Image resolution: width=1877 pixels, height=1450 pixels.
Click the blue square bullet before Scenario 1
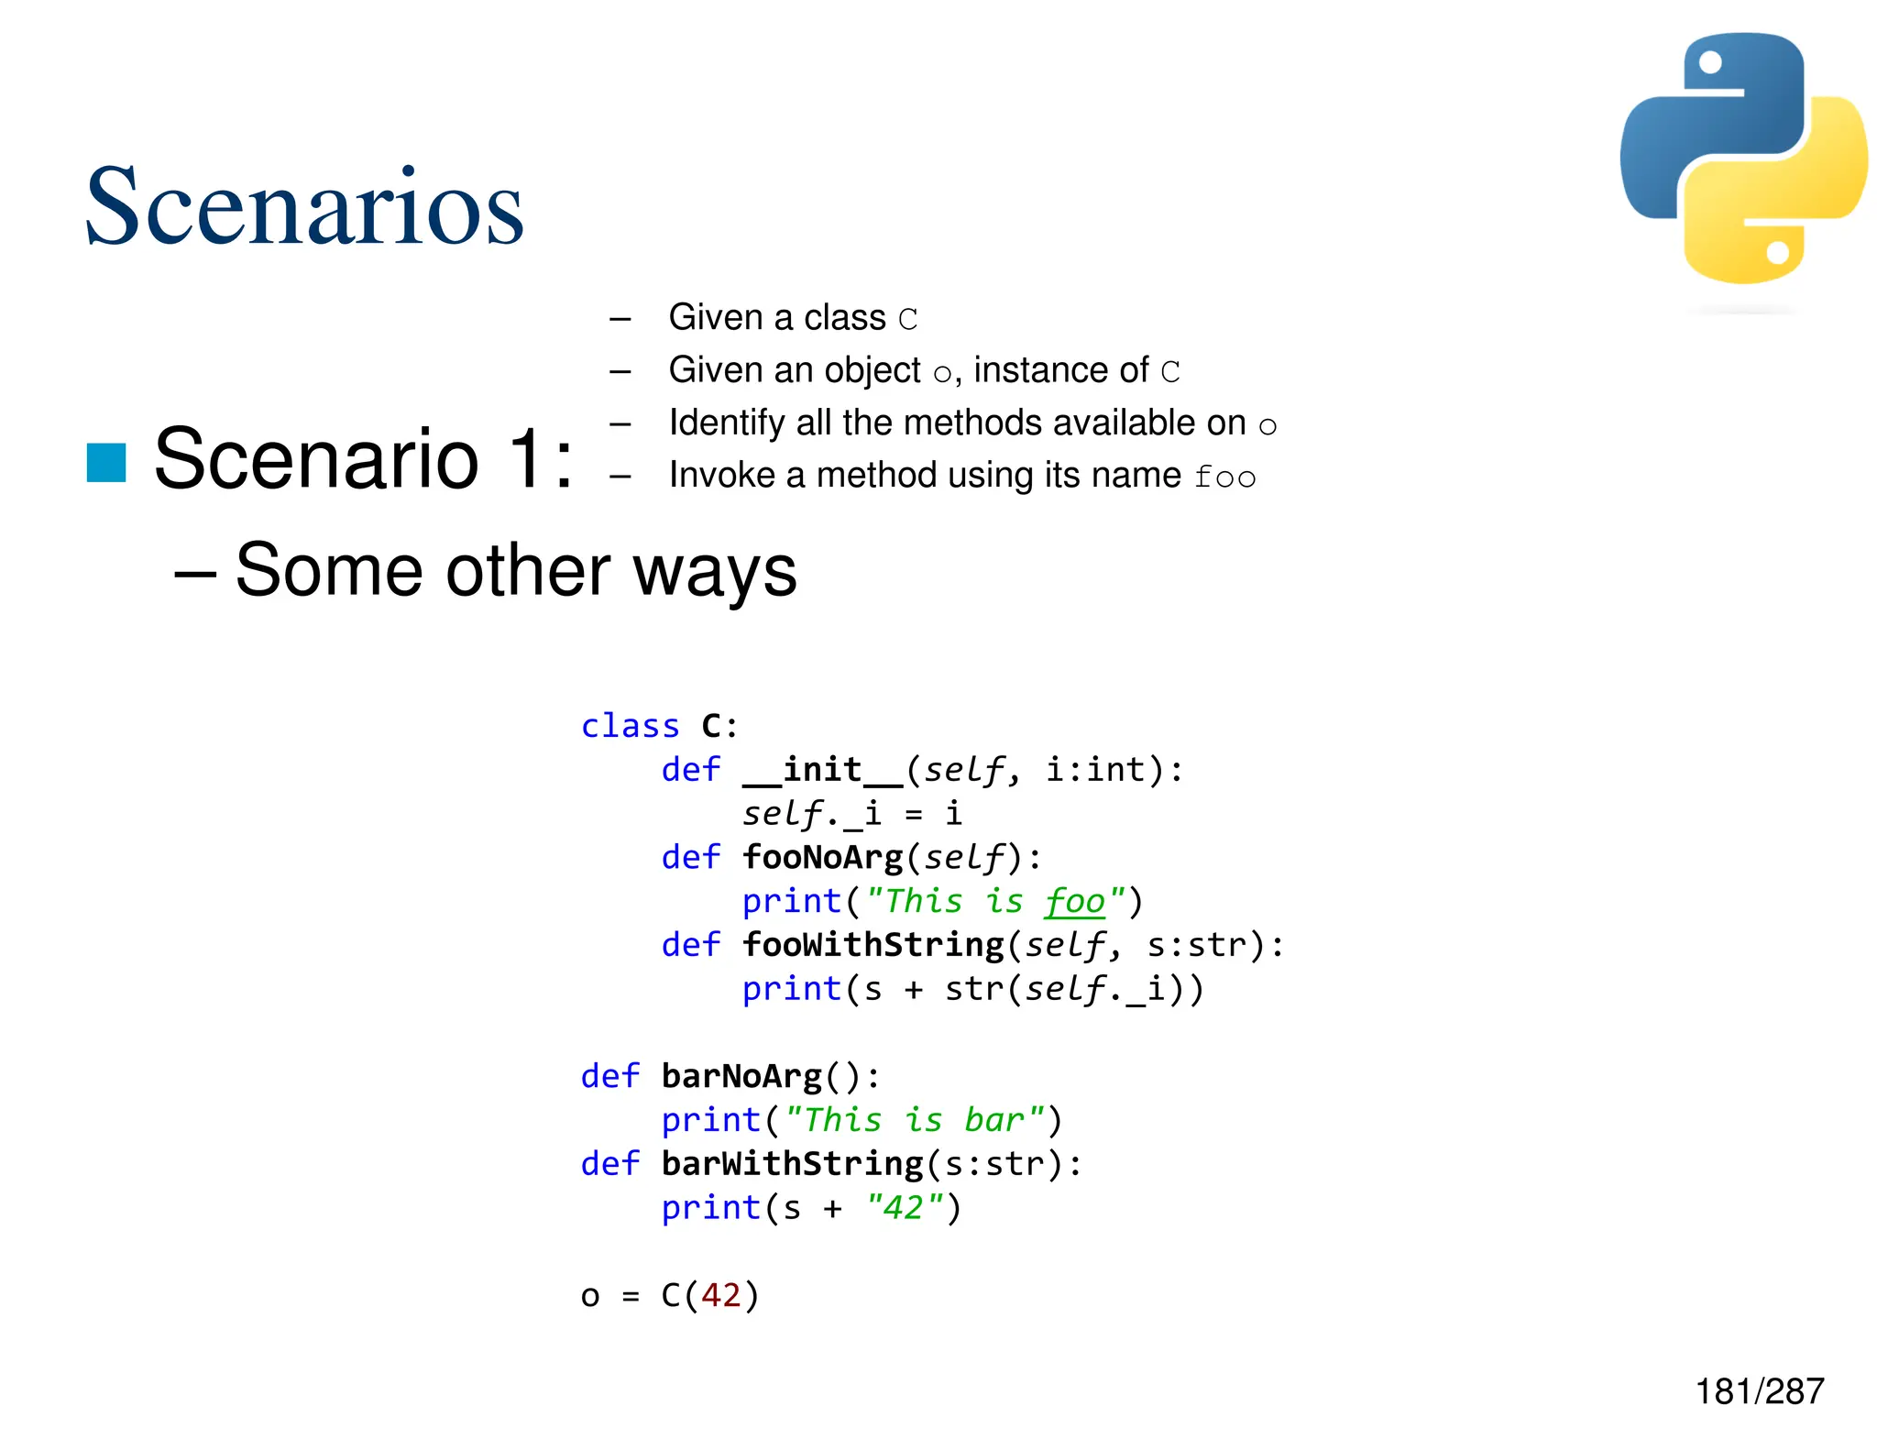coord(106,462)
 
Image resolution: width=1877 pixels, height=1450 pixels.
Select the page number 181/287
coord(1759,1391)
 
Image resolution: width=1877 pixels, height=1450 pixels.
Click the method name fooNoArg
coord(822,857)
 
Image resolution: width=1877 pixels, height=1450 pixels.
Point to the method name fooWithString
coord(873,945)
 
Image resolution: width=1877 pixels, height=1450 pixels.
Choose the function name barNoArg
coord(741,1076)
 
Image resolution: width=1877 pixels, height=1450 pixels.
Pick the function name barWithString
coord(792,1164)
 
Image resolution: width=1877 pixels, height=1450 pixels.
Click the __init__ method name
coord(822,770)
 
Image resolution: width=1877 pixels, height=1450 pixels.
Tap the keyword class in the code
coord(631,726)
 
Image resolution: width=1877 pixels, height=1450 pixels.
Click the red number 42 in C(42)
coord(720,1295)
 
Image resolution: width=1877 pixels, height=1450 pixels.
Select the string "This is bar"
coord(915,1120)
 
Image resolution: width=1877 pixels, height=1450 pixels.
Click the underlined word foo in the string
coord(1075,901)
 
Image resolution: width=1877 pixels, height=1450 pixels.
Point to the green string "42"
coord(904,1207)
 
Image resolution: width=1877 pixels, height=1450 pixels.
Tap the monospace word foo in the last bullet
coord(1224,477)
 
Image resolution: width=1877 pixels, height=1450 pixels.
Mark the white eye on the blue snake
coord(1710,62)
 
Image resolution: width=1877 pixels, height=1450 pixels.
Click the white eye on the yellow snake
coord(1777,252)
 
